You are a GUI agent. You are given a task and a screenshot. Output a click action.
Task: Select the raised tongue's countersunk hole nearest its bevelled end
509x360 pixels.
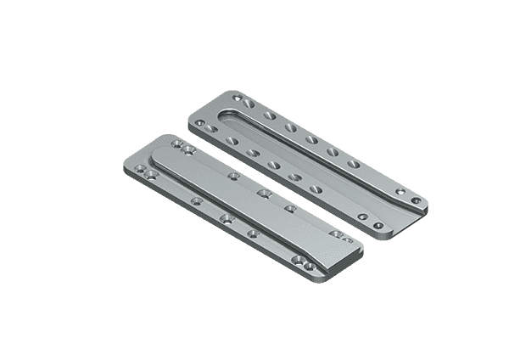[x=289, y=208]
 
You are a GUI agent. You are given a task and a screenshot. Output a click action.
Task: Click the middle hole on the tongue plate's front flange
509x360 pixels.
[x=226, y=220]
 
